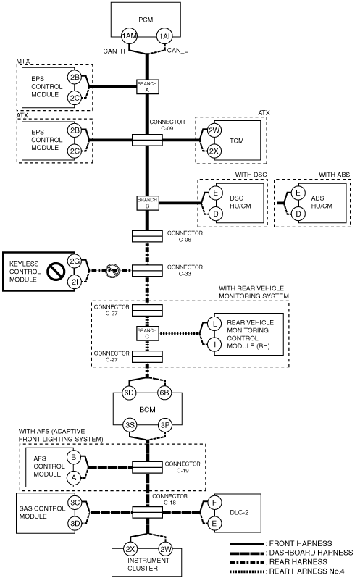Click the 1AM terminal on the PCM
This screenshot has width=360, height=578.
pyautogui.click(x=130, y=36)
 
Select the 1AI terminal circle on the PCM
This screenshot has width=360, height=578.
pyautogui.click(x=164, y=36)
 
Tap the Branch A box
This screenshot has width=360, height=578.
pyautogui.click(x=147, y=87)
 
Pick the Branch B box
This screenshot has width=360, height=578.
pyautogui.click(x=147, y=203)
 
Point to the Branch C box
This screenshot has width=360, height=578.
pyautogui.click(x=147, y=333)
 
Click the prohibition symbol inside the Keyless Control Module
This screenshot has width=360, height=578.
pyautogui.click(x=56, y=272)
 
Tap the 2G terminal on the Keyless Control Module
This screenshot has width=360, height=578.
pyautogui.click(x=75, y=261)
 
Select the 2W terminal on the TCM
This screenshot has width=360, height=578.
pyautogui.click(x=214, y=130)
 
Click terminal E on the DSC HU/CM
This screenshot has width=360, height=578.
pyautogui.click(x=216, y=193)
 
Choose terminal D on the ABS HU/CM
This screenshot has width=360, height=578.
pyautogui.click(x=298, y=214)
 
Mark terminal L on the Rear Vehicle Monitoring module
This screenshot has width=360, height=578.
pyautogui.click(x=214, y=324)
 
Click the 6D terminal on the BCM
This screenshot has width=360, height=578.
pyautogui.click(x=130, y=393)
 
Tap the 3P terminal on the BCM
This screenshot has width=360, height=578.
pyautogui.click(x=164, y=425)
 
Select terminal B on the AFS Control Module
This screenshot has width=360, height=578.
pyautogui.click(x=74, y=458)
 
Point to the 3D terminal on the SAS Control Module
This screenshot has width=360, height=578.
pyautogui.click(x=75, y=523)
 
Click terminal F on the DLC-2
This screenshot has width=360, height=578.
pyautogui.click(x=214, y=503)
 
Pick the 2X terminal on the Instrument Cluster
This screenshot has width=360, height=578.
pyautogui.click(x=130, y=549)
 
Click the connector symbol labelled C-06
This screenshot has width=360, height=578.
pyautogui.click(x=147, y=236)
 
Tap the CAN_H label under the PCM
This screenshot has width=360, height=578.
pyautogui.click(x=114, y=51)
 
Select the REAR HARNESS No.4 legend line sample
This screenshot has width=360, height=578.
pyautogui.click(x=247, y=571)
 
